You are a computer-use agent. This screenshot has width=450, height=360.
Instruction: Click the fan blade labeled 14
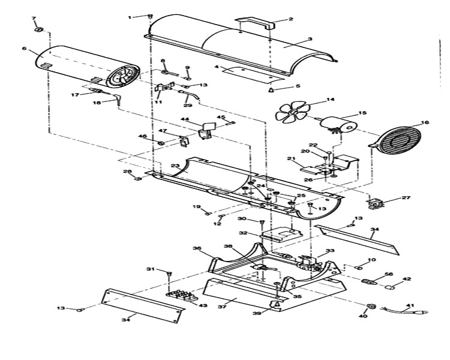point(293,112)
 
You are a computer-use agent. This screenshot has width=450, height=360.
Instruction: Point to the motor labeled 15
point(338,125)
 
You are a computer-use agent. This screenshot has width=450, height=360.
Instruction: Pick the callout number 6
point(24,48)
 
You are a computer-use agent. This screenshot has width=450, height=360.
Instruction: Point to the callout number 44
point(185,119)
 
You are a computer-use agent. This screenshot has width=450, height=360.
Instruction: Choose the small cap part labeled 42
point(390,287)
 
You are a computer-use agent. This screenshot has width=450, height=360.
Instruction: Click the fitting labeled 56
point(370,281)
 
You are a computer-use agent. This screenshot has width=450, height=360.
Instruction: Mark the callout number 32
point(243,233)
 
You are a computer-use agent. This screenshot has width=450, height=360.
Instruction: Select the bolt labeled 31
point(169,274)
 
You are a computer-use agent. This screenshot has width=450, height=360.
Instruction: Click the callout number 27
point(406,197)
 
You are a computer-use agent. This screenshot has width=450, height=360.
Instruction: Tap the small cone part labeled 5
point(271,90)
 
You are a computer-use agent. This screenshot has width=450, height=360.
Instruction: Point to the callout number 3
point(310,39)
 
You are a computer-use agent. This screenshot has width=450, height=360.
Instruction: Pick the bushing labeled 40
point(372,306)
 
